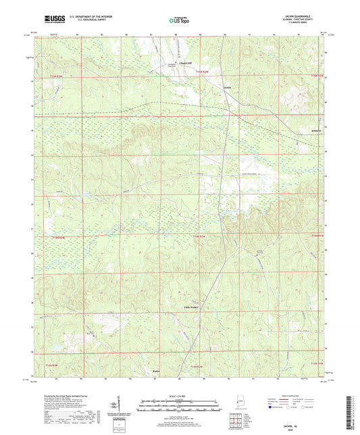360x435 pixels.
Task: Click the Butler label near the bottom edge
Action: point(174,372)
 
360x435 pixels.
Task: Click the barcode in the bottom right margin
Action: point(353,409)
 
